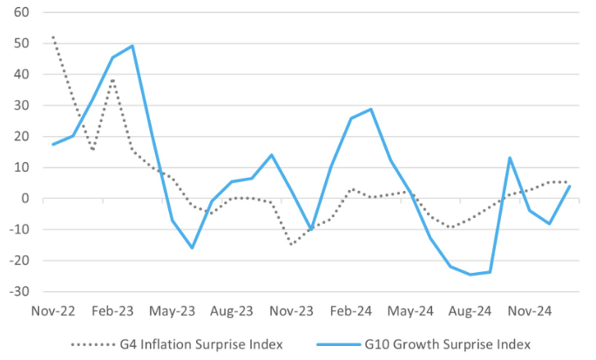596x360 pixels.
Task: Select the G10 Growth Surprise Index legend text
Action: tap(457, 343)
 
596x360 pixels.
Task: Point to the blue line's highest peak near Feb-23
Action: tap(132, 45)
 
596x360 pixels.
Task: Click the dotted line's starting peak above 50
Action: tap(53, 37)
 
